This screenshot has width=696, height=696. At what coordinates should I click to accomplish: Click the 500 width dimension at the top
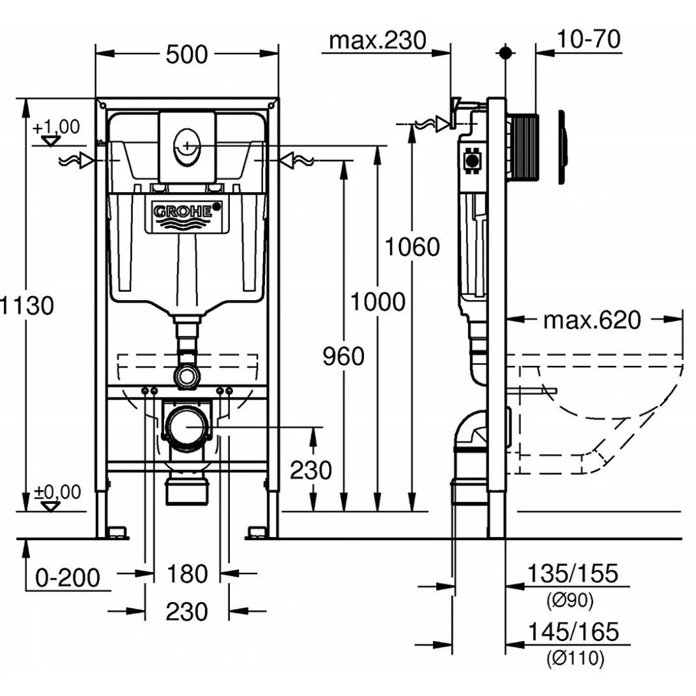click(x=187, y=55)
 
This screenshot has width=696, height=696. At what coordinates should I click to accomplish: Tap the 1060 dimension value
click(x=412, y=246)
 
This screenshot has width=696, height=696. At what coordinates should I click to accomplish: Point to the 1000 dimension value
click(x=377, y=301)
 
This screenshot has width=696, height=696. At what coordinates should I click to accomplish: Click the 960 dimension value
click(x=343, y=356)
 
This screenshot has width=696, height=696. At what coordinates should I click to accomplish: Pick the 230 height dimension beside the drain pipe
click(x=311, y=471)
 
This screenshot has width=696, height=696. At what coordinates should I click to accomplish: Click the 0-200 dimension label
click(x=68, y=578)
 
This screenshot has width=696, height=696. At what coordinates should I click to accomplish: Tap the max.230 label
click(x=377, y=40)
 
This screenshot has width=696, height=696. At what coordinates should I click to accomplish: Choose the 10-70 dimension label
click(x=587, y=40)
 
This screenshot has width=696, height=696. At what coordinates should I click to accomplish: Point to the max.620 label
click(x=591, y=320)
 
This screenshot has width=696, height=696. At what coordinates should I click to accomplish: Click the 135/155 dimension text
click(x=572, y=573)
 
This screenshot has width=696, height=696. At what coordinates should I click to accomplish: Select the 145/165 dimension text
click(x=572, y=632)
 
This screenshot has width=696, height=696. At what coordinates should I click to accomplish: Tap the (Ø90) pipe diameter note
click(x=570, y=600)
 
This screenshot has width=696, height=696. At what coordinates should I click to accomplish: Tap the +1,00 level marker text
click(x=57, y=126)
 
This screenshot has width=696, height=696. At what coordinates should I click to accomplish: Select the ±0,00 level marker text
click(x=57, y=492)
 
